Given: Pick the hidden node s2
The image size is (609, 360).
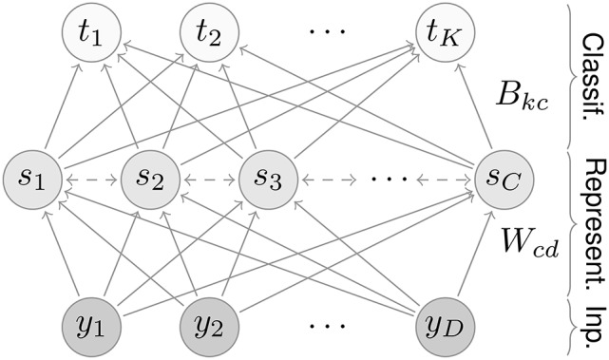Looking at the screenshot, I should click(x=149, y=176).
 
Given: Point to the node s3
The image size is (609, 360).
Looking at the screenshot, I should click(x=267, y=176).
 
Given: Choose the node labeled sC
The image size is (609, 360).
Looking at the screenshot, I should click(x=501, y=176).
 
